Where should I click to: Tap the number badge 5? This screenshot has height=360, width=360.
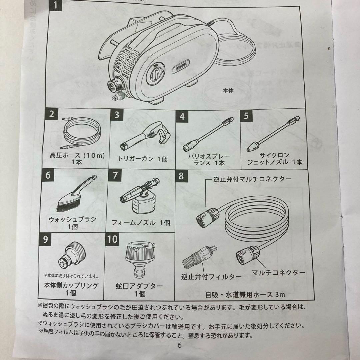pyautogui.click(x=246, y=115)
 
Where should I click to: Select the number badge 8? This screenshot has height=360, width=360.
pyautogui.click(x=181, y=176)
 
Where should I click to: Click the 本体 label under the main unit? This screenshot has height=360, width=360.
pyautogui.click(x=228, y=91)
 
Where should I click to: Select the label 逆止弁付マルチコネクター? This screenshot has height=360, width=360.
pyautogui.click(x=252, y=179)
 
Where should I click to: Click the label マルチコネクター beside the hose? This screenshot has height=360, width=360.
pyautogui.click(x=279, y=272)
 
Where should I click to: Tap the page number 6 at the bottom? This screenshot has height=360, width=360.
pyautogui.click(x=180, y=345)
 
